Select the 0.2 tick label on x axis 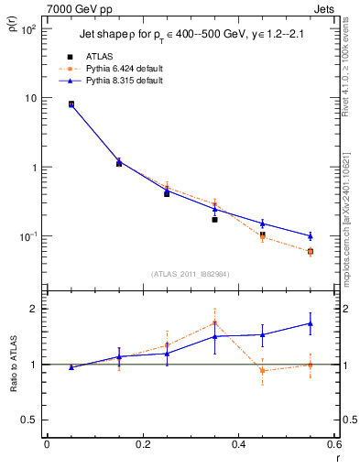click(x=142, y=444)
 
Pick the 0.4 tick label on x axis click(x=238, y=444)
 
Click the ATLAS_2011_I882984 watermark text click(x=190, y=273)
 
